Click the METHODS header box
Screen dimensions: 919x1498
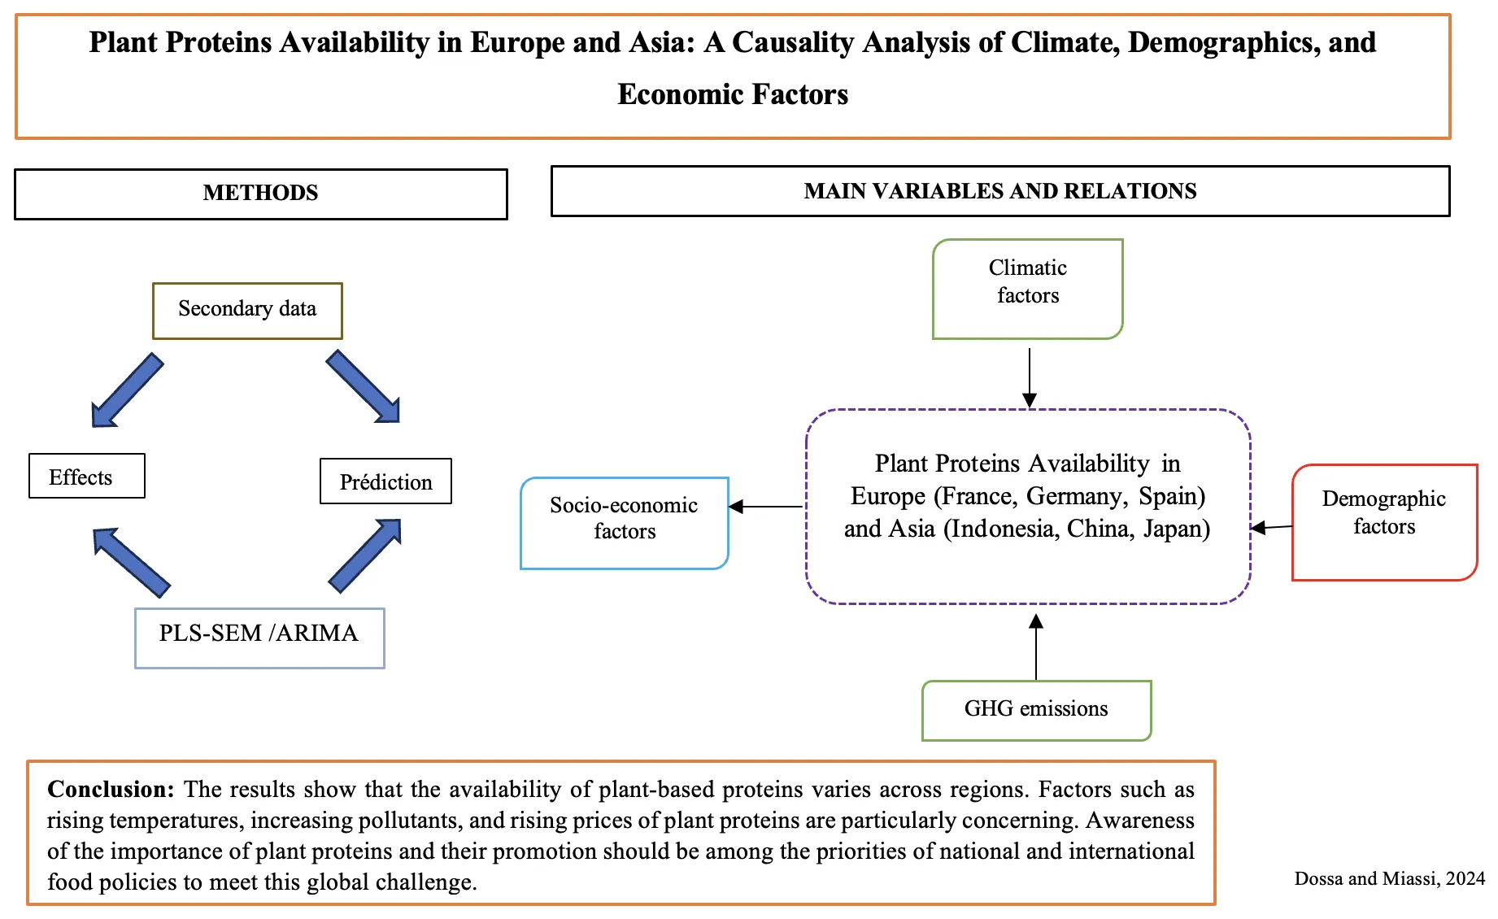(x=260, y=194)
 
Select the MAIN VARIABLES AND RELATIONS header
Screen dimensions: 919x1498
(x=999, y=191)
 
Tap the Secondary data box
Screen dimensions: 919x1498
(x=247, y=310)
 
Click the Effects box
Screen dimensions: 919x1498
(x=86, y=477)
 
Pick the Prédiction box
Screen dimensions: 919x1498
(x=385, y=481)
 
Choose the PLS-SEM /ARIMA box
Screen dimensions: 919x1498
(x=259, y=637)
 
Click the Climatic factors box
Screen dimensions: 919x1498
(x=1027, y=288)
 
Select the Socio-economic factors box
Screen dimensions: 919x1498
(x=624, y=522)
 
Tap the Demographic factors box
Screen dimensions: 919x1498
(x=1383, y=521)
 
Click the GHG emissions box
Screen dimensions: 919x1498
(x=1036, y=710)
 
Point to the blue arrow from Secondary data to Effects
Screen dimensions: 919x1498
(x=127, y=390)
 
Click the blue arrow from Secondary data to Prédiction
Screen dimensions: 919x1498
(x=364, y=386)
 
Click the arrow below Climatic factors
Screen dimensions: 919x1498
(x=1030, y=377)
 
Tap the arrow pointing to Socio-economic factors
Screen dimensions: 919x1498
(x=765, y=507)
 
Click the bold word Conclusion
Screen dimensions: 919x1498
(x=111, y=789)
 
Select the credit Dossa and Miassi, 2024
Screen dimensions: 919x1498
(x=1389, y=878)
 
